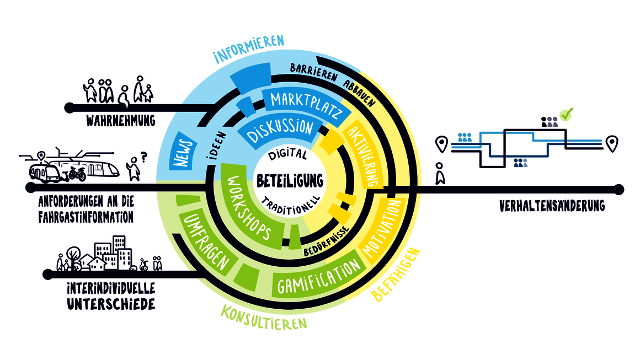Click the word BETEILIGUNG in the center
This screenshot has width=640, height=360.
(290, 181)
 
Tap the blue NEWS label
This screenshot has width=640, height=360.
(183, 150)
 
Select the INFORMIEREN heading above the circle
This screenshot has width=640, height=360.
(249, 49)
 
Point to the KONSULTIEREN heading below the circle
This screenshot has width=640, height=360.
(264, 318)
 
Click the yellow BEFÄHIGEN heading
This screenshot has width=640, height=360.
(396, 275)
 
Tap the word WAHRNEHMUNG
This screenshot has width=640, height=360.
(120, 121)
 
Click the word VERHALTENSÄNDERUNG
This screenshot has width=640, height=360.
(552, 206)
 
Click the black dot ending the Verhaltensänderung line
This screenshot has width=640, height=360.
(619, 190)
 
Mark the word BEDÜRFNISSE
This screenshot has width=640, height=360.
(327, 241)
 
